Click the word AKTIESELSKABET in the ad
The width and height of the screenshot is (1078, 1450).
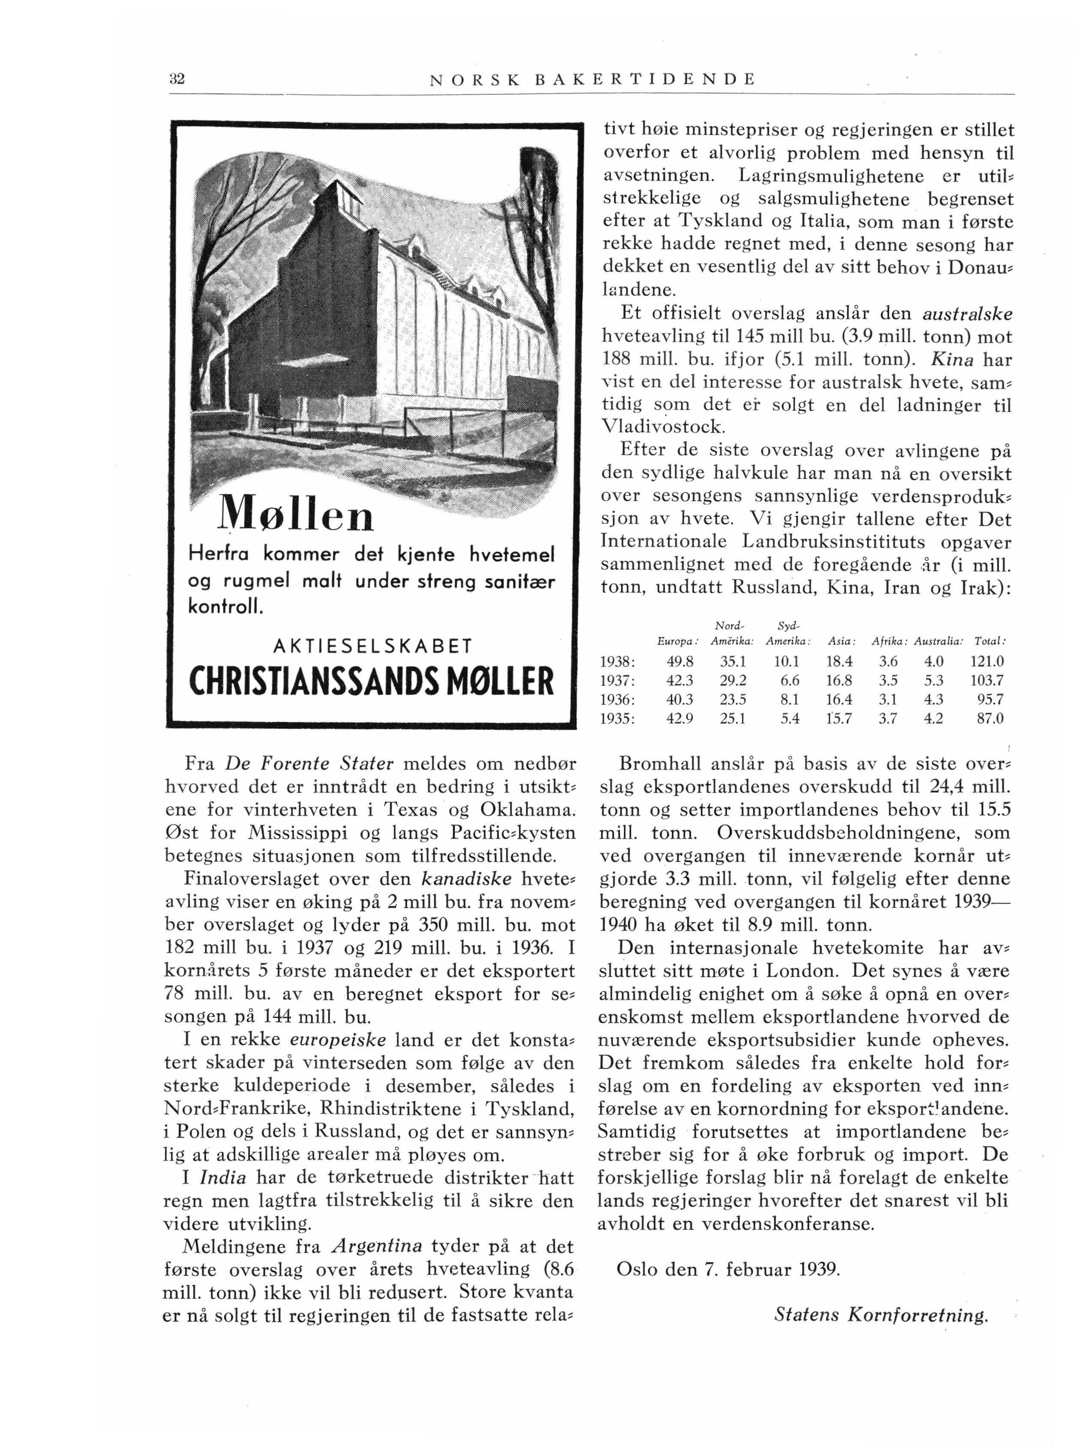tap(371, 646)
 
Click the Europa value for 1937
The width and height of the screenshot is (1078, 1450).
tap(680, 680)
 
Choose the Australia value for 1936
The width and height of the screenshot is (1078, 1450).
tap(934, 699)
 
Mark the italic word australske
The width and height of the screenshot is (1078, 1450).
tap(967, 314)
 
